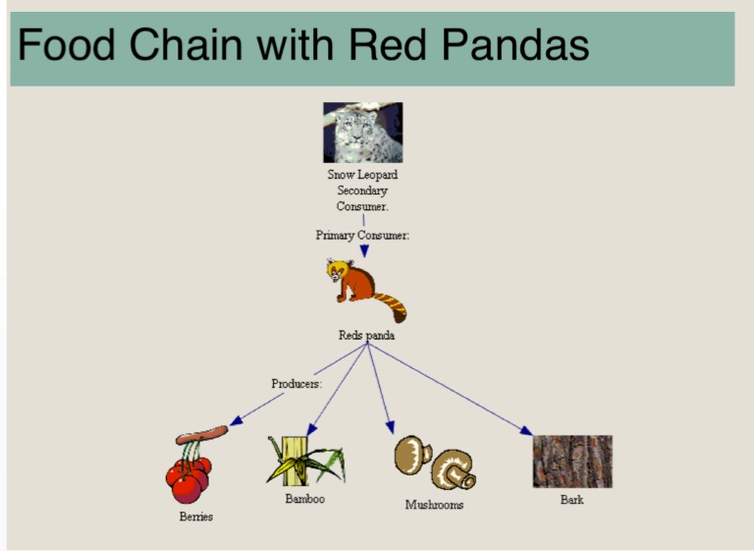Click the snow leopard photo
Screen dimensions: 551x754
click(x=363, y=133)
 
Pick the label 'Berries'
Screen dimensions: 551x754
click(x=195, y=517)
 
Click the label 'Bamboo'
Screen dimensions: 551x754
click(x=304, y=499)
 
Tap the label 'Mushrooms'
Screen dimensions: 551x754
click(x=434, y=505)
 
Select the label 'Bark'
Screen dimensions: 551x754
click(x=571, y=500)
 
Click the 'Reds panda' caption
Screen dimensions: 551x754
click(x=366, y=335)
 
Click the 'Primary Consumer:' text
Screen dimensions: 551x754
click(x=362, y=236)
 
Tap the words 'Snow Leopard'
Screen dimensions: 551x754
click(x=362, y=175)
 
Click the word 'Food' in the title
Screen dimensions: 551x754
click(x=62, y=45)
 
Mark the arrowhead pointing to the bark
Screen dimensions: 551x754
click(x=526, y=430)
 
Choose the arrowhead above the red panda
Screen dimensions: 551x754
click(x=363, y=251)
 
